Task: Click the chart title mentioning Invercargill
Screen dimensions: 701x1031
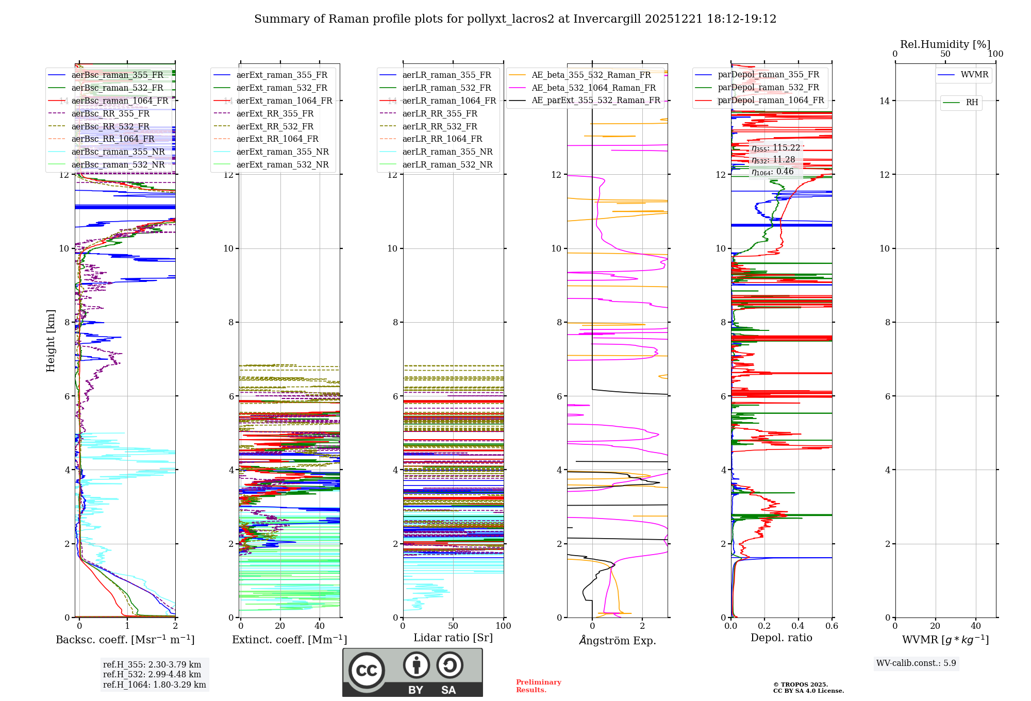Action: (x=515, y=19)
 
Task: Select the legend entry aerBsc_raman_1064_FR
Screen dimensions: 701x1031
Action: (x=120, y=101)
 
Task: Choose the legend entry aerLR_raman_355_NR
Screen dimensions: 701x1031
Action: (x=447, y=152)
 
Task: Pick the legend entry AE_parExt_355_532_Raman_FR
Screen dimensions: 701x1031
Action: (x=595, y=100)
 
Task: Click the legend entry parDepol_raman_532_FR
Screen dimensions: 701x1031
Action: (x=768, y=88)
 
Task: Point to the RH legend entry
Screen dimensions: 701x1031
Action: (x=972, y=103)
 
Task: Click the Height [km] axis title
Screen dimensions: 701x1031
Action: (x=51, y=341)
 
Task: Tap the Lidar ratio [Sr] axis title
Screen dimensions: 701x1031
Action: (x=453, y=638)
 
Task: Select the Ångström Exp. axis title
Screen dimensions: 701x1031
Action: (x=618, y=640)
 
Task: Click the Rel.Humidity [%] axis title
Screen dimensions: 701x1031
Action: (x=945, y=44)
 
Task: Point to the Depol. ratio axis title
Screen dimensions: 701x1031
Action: (x=781, y=638)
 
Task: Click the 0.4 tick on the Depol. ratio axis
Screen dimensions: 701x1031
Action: (x=798, y=626)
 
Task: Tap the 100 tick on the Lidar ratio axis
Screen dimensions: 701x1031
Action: (x=503, y=626)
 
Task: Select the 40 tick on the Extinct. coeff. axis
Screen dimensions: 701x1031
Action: (x=320, y=626)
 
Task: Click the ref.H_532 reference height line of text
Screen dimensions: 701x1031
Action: (x=152, y=674)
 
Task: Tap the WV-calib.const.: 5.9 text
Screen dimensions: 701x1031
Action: (x=916, y=663)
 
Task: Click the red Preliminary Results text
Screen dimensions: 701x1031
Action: (x=538, y=686)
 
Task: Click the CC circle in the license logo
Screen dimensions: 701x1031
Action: (x=367, y=670)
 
